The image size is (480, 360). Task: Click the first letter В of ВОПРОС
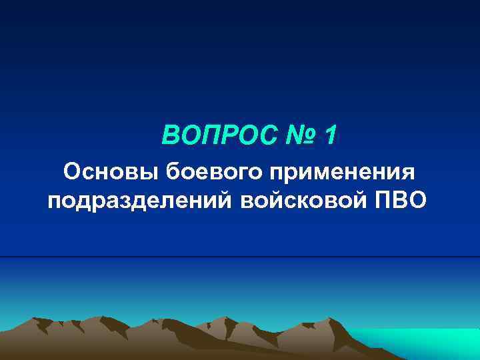click(170, 136)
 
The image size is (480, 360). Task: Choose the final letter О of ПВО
click(420, 199)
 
